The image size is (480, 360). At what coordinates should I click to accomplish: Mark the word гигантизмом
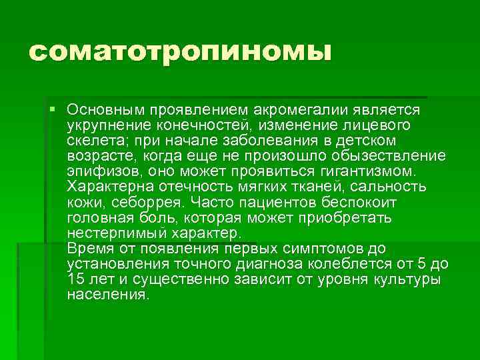tap(376, 171)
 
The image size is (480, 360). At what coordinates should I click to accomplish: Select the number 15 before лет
tap(75, 279)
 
